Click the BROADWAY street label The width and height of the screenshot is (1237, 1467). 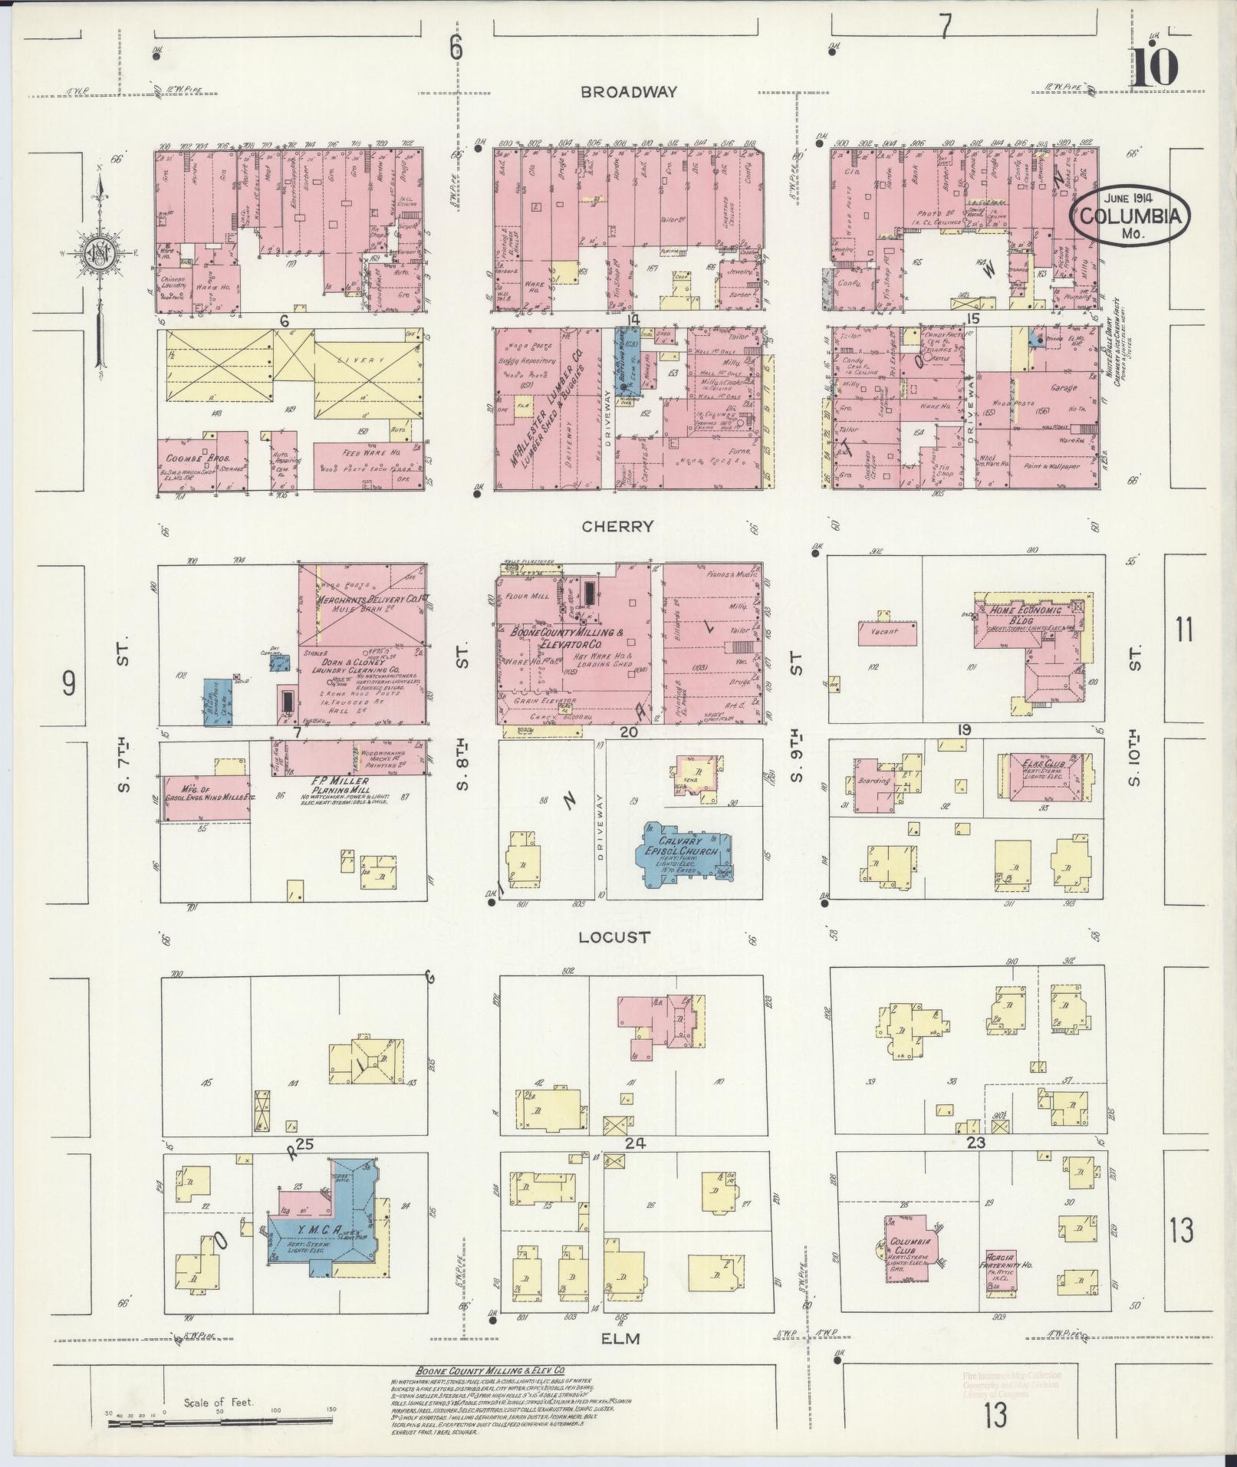coord(629,92)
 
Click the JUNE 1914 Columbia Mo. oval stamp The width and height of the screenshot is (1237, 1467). coord(1131,217)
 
